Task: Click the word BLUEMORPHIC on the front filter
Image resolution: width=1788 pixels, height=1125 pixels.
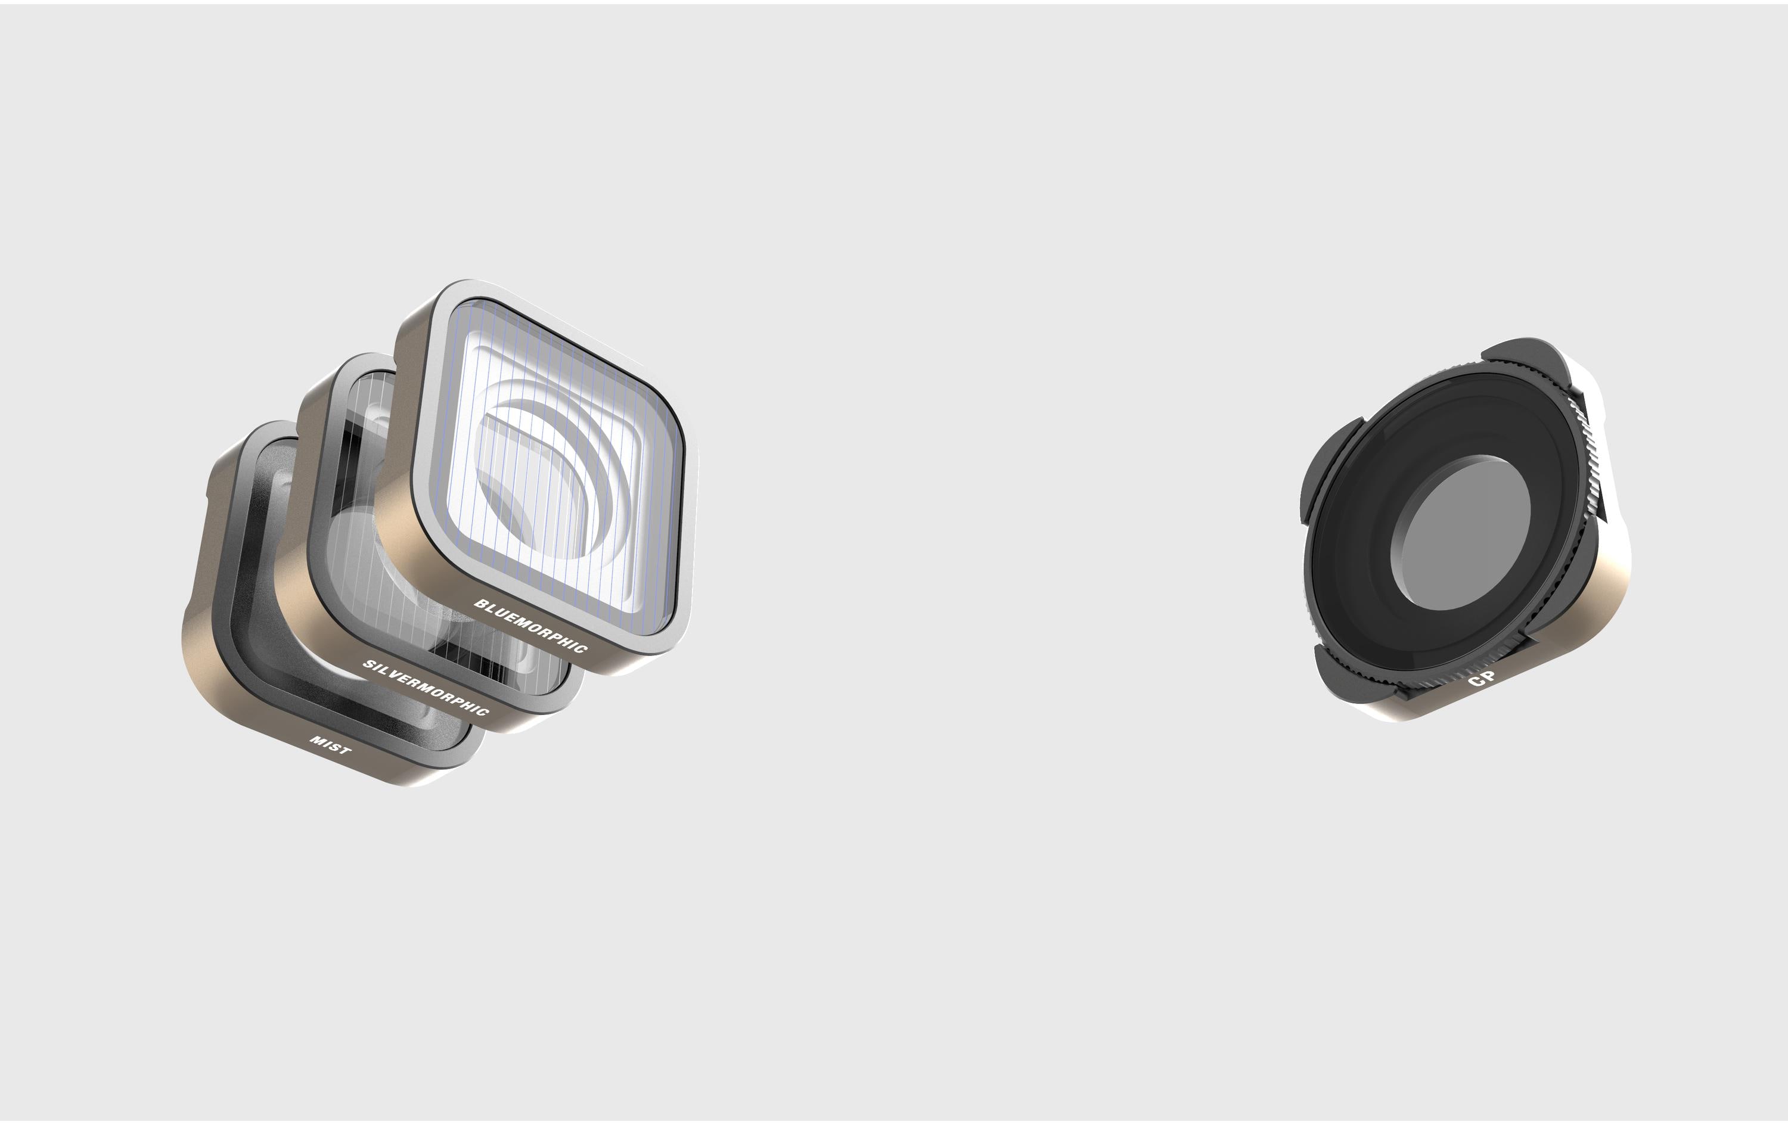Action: tap(531, 627)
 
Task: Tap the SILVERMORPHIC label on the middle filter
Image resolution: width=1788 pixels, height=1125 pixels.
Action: tap(426, 688)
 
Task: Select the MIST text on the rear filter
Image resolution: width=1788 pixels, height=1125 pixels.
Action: tap(330, 745)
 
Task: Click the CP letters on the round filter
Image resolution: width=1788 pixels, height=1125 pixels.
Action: tap(1482, 678)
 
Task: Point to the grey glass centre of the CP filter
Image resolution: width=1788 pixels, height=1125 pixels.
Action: tap(1461, 533)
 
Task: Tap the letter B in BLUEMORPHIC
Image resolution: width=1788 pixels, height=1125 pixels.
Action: tap(480, 604)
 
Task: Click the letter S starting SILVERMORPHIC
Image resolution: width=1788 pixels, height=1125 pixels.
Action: tap(368, 663)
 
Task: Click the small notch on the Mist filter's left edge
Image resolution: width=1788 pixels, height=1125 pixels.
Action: tap(211, 490)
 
